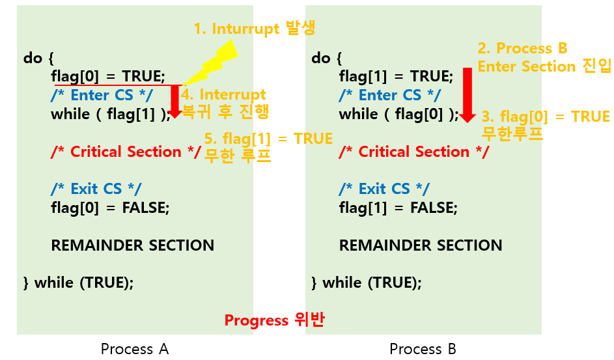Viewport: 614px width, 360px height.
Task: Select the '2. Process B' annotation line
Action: point(522,48)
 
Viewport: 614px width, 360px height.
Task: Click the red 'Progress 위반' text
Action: point(274,320)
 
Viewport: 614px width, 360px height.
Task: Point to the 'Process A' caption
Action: point(135,349)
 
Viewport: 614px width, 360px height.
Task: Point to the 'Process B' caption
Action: point(423,349)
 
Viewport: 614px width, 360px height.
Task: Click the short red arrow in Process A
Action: point(174,102)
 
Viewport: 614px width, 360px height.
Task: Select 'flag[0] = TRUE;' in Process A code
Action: point(108,77)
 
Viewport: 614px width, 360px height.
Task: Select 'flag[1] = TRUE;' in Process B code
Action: point(396,77)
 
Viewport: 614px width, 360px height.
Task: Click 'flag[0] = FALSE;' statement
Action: point(110,208)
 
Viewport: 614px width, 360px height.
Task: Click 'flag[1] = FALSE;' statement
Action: point(398,208)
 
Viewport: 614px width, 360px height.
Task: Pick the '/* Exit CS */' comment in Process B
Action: point(384,189)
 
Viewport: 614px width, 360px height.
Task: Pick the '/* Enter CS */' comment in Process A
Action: point(102,96)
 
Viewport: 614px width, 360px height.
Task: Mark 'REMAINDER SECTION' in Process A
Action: point(133,245)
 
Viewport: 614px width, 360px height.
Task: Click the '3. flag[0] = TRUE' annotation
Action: point(546,117)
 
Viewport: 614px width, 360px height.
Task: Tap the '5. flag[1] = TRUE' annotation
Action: point(268,139)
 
